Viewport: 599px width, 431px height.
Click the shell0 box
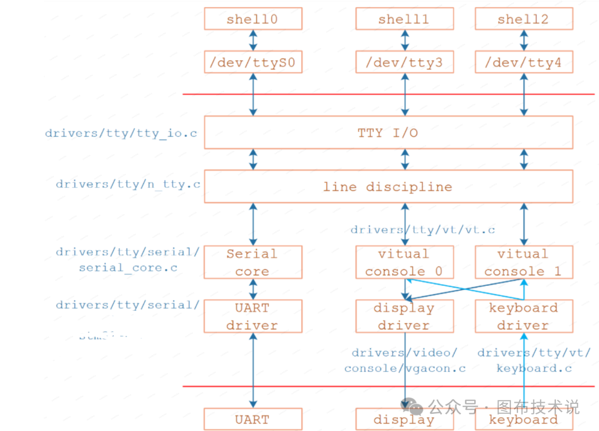[253, 19]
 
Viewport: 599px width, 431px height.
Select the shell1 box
[404, 19]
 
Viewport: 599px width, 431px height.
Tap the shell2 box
[524, 19]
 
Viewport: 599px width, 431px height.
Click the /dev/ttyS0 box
[253, 63]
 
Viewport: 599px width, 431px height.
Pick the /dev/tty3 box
[404, 63]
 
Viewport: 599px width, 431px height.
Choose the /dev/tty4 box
[524, 63]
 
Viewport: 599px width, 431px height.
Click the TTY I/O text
[388, 133]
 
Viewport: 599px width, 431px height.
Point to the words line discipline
[388, 187]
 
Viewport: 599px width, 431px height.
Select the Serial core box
[253, 263]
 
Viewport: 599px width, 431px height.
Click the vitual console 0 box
[404, 263]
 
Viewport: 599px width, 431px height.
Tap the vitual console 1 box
[524, 263]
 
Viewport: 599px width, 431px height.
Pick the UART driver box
[253, 316]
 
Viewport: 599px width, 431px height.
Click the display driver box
[404, 316]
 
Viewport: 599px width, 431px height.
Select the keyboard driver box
[524, 316]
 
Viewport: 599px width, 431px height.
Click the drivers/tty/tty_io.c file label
[121, 134]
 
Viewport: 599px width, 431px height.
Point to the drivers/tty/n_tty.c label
[128, 184]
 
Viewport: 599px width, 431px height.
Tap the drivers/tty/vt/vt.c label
[423, 229]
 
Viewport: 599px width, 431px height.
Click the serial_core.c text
[128, 268]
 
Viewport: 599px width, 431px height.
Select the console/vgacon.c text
[405, 368]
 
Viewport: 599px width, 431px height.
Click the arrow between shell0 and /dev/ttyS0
[253, 40]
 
